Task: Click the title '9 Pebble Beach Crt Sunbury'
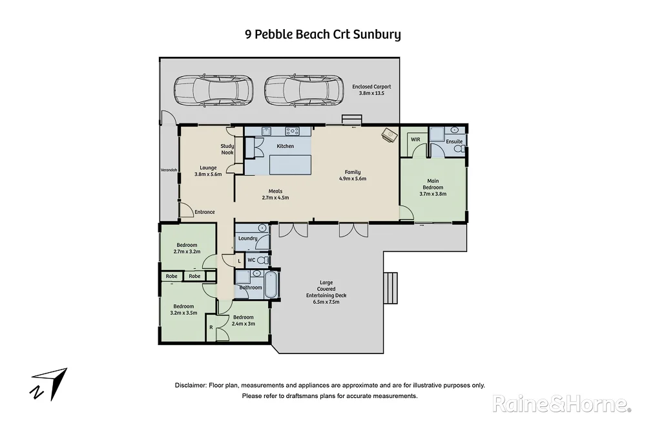pyautogui.click(x=322, y=34)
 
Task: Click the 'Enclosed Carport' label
pyautogui.click(x=371, y=87)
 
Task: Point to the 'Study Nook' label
pyautogui.click(x=227, y=149)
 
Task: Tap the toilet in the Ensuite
pyautogui.click(x=458, y=149)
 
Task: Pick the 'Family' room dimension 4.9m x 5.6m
pyautogui.click(x=353, y=179)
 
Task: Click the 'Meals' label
pyautogui.click(x=276, y=191)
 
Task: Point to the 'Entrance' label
pyautogui.click(x=205, y=212)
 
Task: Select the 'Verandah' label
pyautogui.click(x=168, y=171)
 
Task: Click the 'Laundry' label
pyautogui.click(x=247, y=238)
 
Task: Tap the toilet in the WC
pyautogui.click(x=262, y=260)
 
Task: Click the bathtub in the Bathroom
pyautogui.click(x=272, y=284)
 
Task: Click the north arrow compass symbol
pyautogui.click(x=49, y=384)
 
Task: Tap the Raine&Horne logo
pyautogui.click(x=561, y=404)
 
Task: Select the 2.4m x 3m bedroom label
pyautogui.click(x=244, y=321)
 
